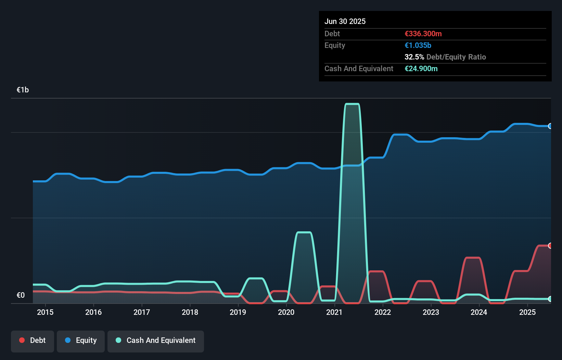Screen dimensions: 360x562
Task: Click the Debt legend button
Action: tap(33, 340)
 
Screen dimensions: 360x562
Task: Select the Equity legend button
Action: tap(81, 340)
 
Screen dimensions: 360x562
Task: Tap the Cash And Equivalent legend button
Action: tap(156, 340)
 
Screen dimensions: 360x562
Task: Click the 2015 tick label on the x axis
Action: tap(45, 312)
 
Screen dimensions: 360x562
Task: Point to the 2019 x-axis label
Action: tap(238, 312)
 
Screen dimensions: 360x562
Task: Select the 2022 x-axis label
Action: tap(383, 312)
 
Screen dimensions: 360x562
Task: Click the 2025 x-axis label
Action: tap(527, 312)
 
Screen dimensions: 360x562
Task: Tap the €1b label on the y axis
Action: tap(23, 90)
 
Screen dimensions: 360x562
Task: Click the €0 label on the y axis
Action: tap(21, 295)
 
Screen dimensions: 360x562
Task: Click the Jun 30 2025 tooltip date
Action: tap(345, 21)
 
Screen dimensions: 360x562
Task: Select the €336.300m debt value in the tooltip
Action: tap(423, 34)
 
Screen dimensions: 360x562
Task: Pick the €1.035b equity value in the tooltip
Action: tap(418, 45)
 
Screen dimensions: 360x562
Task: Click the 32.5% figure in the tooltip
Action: tap(414, 57)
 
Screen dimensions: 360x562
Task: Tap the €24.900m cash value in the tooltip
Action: tap(421, 68)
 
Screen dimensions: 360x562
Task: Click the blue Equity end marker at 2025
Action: tap(550, 126)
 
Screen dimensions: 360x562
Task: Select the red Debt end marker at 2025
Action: tap(550, 245)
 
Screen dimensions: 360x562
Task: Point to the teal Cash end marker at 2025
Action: tap(550, 299)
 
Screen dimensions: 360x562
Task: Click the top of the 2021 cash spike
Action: tap(352, 104)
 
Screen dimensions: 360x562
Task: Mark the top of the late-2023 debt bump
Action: tap(473, 258)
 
